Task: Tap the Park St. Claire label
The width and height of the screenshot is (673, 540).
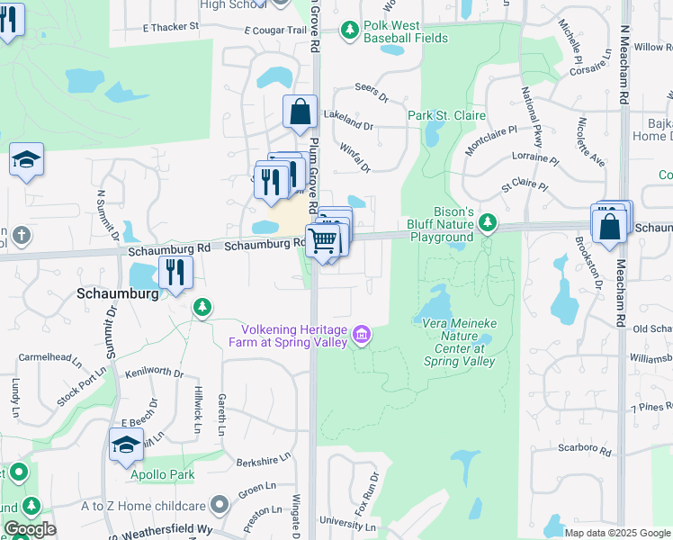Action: coord(446,115)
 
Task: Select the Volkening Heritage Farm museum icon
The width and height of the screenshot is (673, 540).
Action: coord(362,336)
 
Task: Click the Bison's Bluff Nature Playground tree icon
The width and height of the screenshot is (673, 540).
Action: coord(487,220)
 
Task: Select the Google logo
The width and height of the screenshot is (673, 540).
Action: coord(30,529)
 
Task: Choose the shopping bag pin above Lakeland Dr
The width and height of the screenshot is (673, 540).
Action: coord(301,113)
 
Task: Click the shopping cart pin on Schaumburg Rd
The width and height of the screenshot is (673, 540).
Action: coord(323,241)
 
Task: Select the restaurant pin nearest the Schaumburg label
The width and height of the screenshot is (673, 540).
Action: coord(175,272)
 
